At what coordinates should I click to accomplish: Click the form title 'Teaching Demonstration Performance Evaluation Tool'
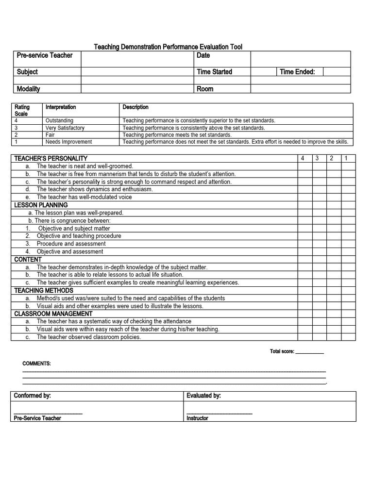click(x=168, y=47)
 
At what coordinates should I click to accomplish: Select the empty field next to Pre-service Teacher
click(x=136, y=59)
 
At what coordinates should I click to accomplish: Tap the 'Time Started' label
click(x=214, y=72)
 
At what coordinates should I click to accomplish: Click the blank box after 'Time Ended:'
click(x=337, y=72)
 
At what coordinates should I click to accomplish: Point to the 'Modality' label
click(x=28, y=89)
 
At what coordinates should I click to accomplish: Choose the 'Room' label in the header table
click(x=205, y=89)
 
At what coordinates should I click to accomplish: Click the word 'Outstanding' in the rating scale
click(x=59, y=120)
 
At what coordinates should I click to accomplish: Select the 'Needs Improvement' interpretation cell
click(x=68, y=142)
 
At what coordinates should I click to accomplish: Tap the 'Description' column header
click(x=136, y=107)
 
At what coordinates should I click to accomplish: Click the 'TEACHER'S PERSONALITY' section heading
click(x=51, y=158)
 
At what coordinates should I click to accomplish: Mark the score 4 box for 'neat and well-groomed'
click(x=305, y=166)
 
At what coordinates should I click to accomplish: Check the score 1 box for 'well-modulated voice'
click(x=348, y=197)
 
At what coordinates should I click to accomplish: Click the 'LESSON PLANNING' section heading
click(x=41, y=205)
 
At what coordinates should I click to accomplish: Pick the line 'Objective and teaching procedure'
click(x=79, y=236)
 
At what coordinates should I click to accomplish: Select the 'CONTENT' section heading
click(x=28, y=259)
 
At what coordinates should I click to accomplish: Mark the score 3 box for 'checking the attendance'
click(x=319, y=321)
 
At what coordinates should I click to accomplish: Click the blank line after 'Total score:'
click(x=309, y=351)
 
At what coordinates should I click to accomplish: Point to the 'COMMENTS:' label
click(x=36, y=364)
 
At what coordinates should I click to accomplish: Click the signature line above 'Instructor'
click(x=220, y=412)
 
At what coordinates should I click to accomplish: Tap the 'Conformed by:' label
click(x=33, y=396)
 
